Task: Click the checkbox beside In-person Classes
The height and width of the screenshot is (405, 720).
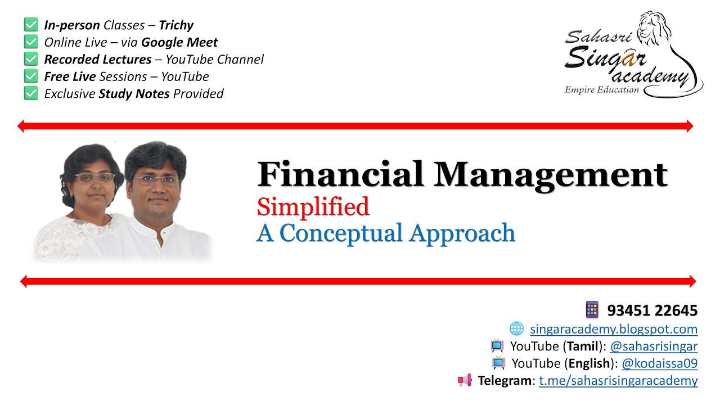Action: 31,25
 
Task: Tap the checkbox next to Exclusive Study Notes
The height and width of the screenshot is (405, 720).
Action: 31,93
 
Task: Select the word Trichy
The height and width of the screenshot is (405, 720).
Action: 176,25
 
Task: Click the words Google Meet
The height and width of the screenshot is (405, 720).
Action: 179,42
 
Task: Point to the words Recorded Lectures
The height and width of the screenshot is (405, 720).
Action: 98,59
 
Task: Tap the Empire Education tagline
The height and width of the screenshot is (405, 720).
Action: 602,90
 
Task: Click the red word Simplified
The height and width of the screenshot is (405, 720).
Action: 313,206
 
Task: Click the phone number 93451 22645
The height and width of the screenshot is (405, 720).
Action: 652,310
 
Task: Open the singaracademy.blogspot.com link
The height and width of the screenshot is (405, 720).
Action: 614,329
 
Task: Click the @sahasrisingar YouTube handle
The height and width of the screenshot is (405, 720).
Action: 654,346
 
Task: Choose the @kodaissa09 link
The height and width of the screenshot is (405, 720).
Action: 659,363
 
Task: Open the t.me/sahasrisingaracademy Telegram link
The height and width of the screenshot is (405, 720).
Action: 618,381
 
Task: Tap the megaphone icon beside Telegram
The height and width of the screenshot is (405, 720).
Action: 465,380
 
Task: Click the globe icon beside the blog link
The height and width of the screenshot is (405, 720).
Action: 516,328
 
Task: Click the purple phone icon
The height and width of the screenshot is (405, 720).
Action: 592,309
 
